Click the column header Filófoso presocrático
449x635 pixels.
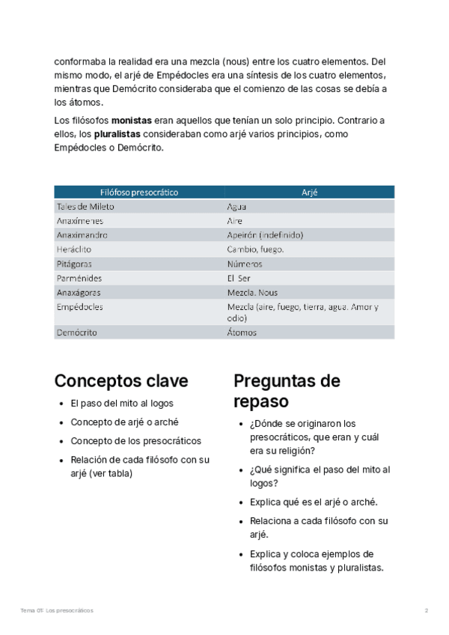tap(139, 192)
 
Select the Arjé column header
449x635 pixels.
tap(310, 192)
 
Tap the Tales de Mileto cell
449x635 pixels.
tap(85, 207)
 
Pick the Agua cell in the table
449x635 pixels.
tap(237, 207)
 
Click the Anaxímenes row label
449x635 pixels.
tap(80, 221)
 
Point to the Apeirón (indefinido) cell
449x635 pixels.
tap(265, 235)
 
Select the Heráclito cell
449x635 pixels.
tap(73, 249)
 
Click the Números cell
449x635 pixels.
tap(245, 264)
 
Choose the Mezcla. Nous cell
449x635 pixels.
tap(252, 293)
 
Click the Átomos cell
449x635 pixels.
tap(242, 332)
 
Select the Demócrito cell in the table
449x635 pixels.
tap(76, 332)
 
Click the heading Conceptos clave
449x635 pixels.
tap(121, 380)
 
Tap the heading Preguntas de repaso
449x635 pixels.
tap(287, 391)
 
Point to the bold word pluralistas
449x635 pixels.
tap(120, 134)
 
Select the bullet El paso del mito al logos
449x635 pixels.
tap(122, 404)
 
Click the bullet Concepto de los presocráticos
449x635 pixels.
tap(136, 441)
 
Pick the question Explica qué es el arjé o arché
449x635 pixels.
tap(314, 502)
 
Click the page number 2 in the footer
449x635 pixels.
tap(427, 611)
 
